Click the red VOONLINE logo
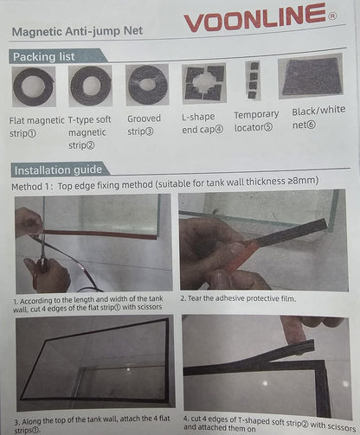(255, 17)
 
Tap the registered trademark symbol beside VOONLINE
(332, 16)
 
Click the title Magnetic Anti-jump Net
(77, 31)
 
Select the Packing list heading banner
(58, 56)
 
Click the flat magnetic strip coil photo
(34, 86)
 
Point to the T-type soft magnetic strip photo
(90, 86)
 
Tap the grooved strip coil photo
(147, 85)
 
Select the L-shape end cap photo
(204, 83)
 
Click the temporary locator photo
(254, 80)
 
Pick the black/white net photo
(311, 76)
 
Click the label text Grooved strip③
(144, 125)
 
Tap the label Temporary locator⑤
(256, 121)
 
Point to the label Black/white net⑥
(318, 118)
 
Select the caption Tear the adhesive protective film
(238, 298)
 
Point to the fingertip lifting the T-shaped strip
(295, 331)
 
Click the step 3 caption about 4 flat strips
(93, 425)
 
